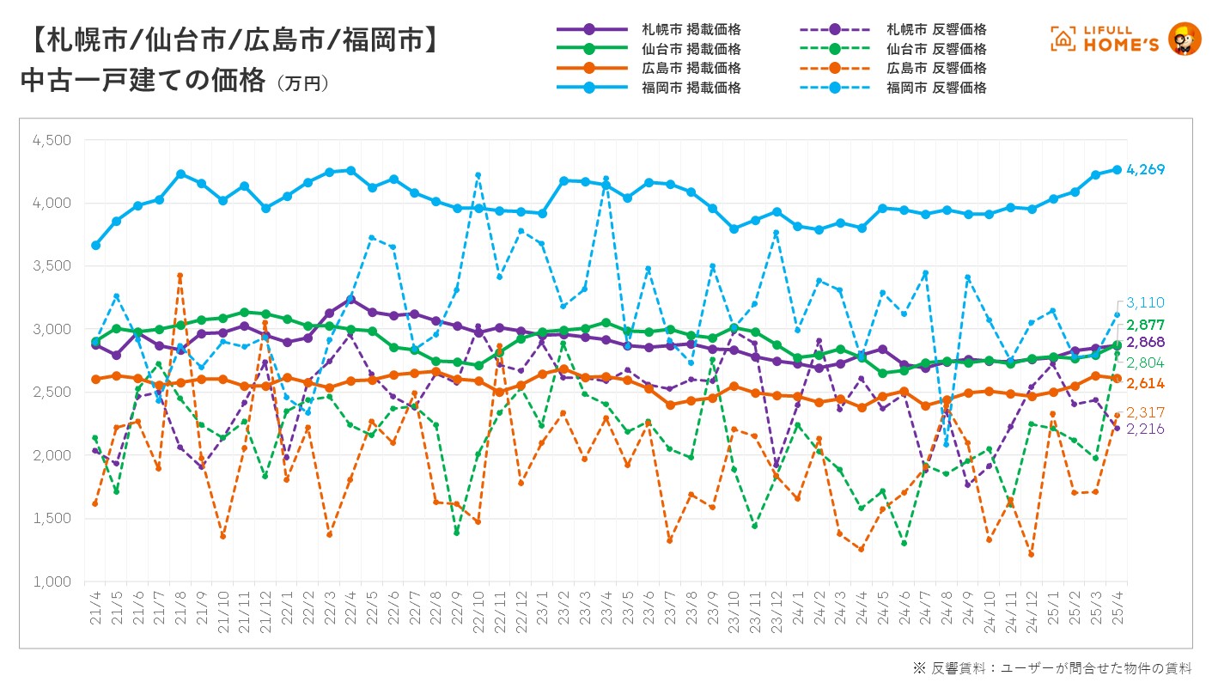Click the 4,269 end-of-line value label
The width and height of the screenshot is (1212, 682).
pyautogui.click(x=1147, y=169)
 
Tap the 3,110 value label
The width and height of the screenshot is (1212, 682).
pyautogui.click(x=1147, y=302)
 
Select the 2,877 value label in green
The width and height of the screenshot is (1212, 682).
pyautogui.click(x=1147, y=326)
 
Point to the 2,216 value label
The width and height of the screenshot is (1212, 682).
pyautogui.click(x=1147, y=429)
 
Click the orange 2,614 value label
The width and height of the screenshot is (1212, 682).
pyautogui.click(x=1147, y=382)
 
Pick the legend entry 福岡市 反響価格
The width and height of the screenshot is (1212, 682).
pyautogui.click(x=937, y=88)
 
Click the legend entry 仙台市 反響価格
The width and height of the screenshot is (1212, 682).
pyautogui.click(x=937, y=49)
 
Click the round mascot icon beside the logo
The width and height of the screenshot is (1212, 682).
pyautogui.click(x=1185, y=39)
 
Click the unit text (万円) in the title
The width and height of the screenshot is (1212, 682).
pyautogui.click(x=303, y=84)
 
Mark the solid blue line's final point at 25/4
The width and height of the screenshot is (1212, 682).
pyautogui.click(x=1118, y=169)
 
